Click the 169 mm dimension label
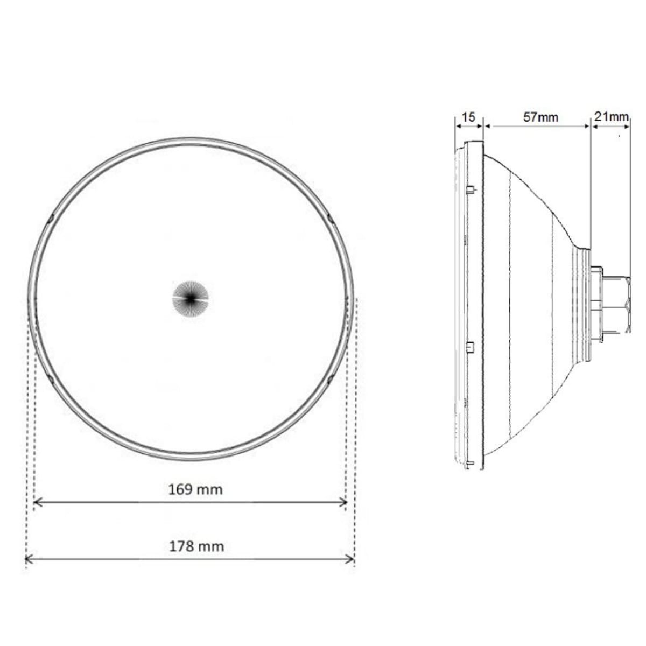[x=195, y=489]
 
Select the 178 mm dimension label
[x=196, y=546]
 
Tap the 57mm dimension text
[x=541, y=117]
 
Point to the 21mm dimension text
[x=611, y=116]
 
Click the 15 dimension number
[x=469, y=117]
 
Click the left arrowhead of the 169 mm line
[x=37, y=502]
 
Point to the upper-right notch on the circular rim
[x=330, y=217]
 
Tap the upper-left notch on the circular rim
[x=51, y=217]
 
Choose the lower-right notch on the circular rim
[x=329, y=380]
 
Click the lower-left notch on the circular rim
[x=51, y=380]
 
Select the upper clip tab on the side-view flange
[x=469, y=188]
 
